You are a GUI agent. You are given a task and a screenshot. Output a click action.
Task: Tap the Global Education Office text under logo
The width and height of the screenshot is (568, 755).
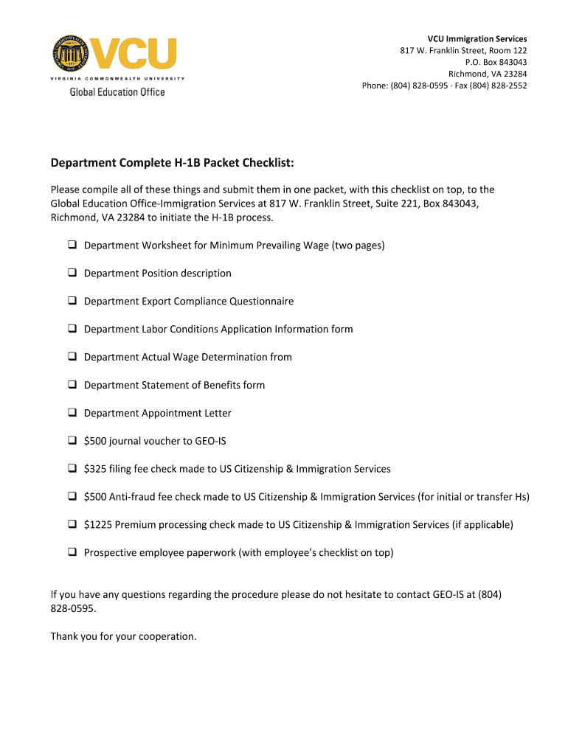[x=117, y=92]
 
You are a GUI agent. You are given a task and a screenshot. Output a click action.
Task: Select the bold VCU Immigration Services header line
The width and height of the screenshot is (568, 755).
[x=477, y=38]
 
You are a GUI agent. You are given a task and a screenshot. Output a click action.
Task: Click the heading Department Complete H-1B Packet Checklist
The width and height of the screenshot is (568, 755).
[x=172, y=162]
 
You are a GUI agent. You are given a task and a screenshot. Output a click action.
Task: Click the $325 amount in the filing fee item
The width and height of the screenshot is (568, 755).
[x=94, y=469]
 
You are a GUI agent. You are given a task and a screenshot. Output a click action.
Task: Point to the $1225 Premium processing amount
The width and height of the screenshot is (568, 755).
[x=97, y=525]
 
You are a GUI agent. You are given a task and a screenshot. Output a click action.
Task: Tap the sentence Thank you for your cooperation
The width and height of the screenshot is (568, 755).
[x=123, y=636]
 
